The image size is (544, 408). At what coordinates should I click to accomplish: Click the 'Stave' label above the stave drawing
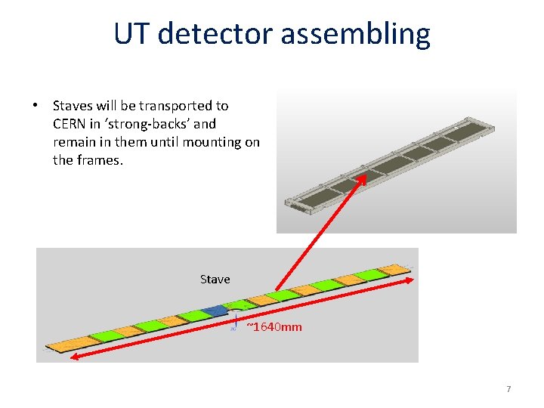(215, 280)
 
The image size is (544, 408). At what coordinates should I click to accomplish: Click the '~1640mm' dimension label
(274, 327)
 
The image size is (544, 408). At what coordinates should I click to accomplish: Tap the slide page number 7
(508, 389)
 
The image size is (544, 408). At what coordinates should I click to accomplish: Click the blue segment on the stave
(215, 311)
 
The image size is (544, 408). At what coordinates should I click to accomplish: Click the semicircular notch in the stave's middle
(236, 311)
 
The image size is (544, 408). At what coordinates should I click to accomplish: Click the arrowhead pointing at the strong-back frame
(363, 178)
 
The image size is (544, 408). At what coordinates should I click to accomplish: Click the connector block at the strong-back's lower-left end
(292, 202)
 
